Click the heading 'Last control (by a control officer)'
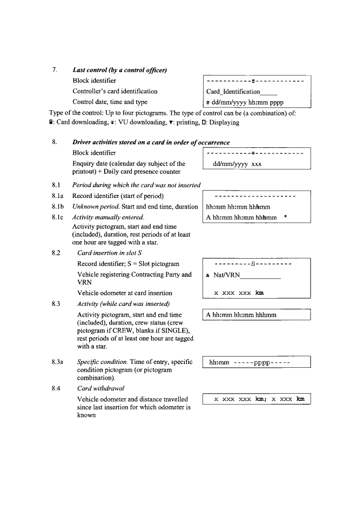coord(119,70)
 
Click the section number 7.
coord(55,70)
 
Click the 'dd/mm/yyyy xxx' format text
coord(237,164)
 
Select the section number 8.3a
coord(58,362)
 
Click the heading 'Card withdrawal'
coord(100,388)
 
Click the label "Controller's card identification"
coord(115,91)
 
